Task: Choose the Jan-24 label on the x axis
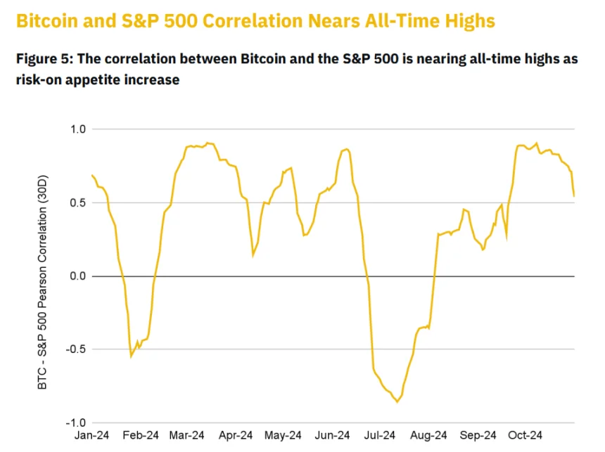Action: point(92,435)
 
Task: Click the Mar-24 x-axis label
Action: point(187,435)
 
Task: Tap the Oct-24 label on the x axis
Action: point(526,435)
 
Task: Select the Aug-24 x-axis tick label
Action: point(429,435)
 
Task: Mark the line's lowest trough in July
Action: point(397,402)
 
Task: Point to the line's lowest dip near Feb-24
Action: point(131,356)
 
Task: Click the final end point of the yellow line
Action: point(574,196)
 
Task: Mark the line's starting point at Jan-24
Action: point(92,175)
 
